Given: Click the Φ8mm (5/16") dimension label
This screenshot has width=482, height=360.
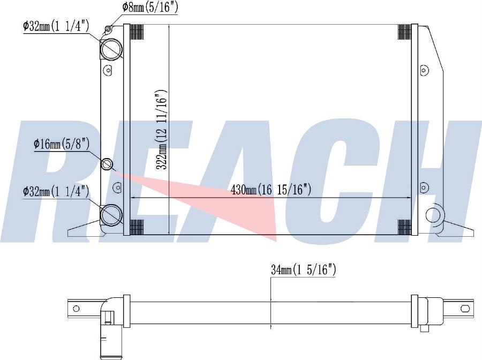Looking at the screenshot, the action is point(150,7).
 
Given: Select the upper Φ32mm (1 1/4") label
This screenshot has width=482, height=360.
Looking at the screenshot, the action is point(56,26).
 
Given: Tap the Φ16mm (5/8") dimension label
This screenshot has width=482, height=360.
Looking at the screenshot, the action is point(62,144).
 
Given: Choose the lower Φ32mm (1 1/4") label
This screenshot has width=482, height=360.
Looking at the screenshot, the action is point(56,191).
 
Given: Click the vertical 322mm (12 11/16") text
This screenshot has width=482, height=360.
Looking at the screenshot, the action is point(161,129).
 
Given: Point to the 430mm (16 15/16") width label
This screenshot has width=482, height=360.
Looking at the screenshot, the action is point(271,190).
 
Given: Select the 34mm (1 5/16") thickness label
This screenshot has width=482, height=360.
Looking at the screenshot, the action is point(304,269).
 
